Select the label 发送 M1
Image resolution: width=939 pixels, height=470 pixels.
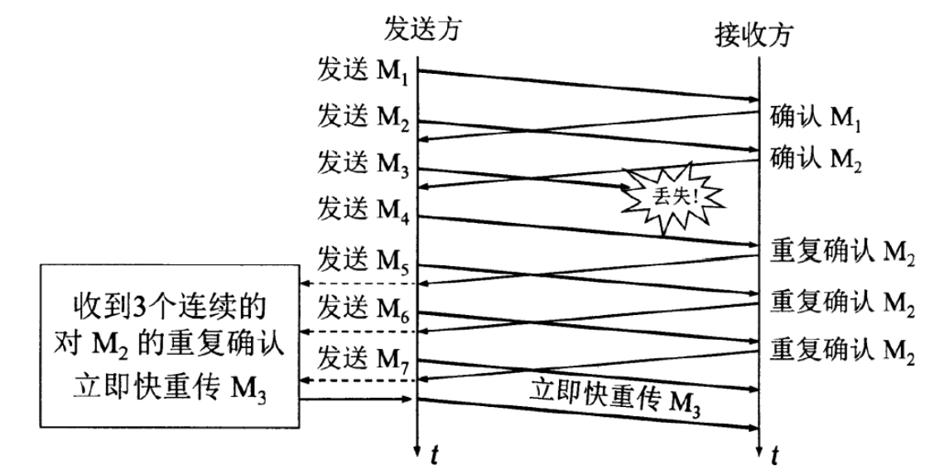click(362, 70)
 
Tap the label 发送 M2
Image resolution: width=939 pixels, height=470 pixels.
click(362, 117)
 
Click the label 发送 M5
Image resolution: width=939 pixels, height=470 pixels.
click(362, 257)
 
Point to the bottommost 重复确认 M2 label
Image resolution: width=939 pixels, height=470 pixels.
click(842, 348)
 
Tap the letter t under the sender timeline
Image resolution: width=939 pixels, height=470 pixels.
click(434, 454)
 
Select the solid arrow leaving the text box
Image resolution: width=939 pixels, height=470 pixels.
click(357, 401)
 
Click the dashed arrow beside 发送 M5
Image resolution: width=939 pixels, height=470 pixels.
click(357, 283)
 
